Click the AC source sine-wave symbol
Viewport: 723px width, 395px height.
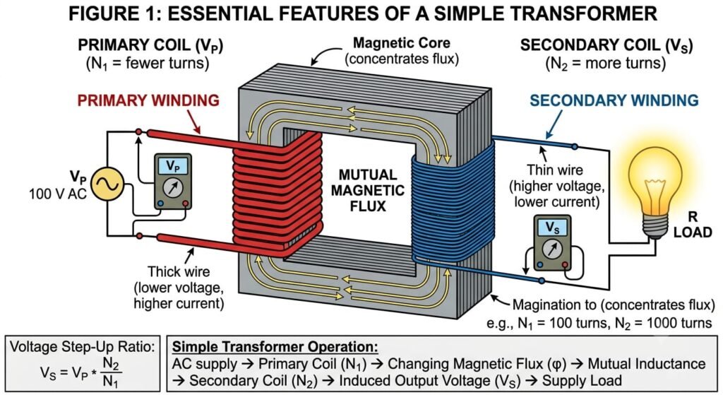pyautogui.click(x=107, y=184)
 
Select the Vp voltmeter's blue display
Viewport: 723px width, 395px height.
pyautogui.click(x=172, y=165)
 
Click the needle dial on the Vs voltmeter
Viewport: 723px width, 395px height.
pyautogui.click(x=552, y=249)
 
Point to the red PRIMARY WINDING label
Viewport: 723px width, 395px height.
pyautogui.click(x=148, y=100)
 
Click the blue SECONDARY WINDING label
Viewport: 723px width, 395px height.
pyautogui.click(x=614, y=100)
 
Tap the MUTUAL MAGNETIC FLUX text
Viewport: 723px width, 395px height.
pyautogui.click(x=367, y=190)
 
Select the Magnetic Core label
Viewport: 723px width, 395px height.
pyautogui.click(x=402, y=43)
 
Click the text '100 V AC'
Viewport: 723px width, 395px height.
pyautogui.click(x=58, y=194)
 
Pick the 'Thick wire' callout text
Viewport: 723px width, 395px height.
pyautogui.click(x=178, y=271)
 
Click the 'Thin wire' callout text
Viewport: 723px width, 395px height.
pyautogui.click(x=555, y=170)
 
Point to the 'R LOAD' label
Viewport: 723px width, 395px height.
pyautogui.click(x=693, y=225)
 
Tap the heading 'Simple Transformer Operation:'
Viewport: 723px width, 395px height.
pyautogui.click(x=275, y=347)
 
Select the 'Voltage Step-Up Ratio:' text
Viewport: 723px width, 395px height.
pyautogui.click(x=83, y=346)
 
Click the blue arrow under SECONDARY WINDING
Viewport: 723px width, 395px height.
pyautogui.click(x=554, y=124)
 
